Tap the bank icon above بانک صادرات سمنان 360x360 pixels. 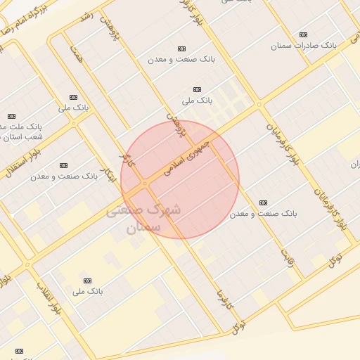click(303, 34)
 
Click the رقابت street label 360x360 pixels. click(288, 253)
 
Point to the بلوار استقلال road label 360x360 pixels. click(21, 160)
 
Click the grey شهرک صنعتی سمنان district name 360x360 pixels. click(143, 218)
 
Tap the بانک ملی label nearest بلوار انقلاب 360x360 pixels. click(88, 290)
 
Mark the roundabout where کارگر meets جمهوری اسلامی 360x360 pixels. click(145, 184)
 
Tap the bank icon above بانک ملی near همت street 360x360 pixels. click(72, 97)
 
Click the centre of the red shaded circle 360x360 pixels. click(180, 180)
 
